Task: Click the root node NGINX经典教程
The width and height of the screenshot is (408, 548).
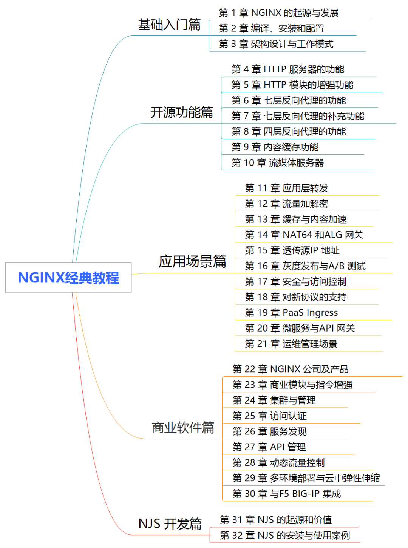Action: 68,278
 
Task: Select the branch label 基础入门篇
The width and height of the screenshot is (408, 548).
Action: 169,25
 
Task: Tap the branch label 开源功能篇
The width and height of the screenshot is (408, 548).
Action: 182,112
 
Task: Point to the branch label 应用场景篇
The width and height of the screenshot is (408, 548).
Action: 192,261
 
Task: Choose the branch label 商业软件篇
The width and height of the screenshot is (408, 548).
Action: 183,428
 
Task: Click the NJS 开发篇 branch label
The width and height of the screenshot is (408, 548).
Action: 170,523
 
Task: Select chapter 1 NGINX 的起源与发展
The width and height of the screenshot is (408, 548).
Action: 279,13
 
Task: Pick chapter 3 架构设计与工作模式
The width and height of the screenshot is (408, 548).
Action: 276,44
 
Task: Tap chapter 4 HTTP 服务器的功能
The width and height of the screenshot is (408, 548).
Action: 288,69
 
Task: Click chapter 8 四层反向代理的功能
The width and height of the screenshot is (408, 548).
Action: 289,132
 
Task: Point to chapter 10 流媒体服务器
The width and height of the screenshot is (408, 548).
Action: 278,163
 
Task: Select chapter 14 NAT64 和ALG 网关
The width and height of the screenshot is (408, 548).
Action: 304,235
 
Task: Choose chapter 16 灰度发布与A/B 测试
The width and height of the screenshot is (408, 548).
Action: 305,266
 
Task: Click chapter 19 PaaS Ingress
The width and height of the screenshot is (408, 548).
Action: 291,313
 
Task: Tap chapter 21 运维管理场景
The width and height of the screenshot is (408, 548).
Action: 291,344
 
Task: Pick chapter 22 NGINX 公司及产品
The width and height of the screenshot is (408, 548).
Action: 291,369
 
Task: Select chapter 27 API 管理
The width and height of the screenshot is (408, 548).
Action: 269,447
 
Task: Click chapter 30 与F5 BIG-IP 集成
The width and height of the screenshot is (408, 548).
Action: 287,494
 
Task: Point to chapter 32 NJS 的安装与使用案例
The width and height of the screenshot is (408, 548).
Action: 285,536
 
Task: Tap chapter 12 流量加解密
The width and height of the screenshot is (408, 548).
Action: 286,204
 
